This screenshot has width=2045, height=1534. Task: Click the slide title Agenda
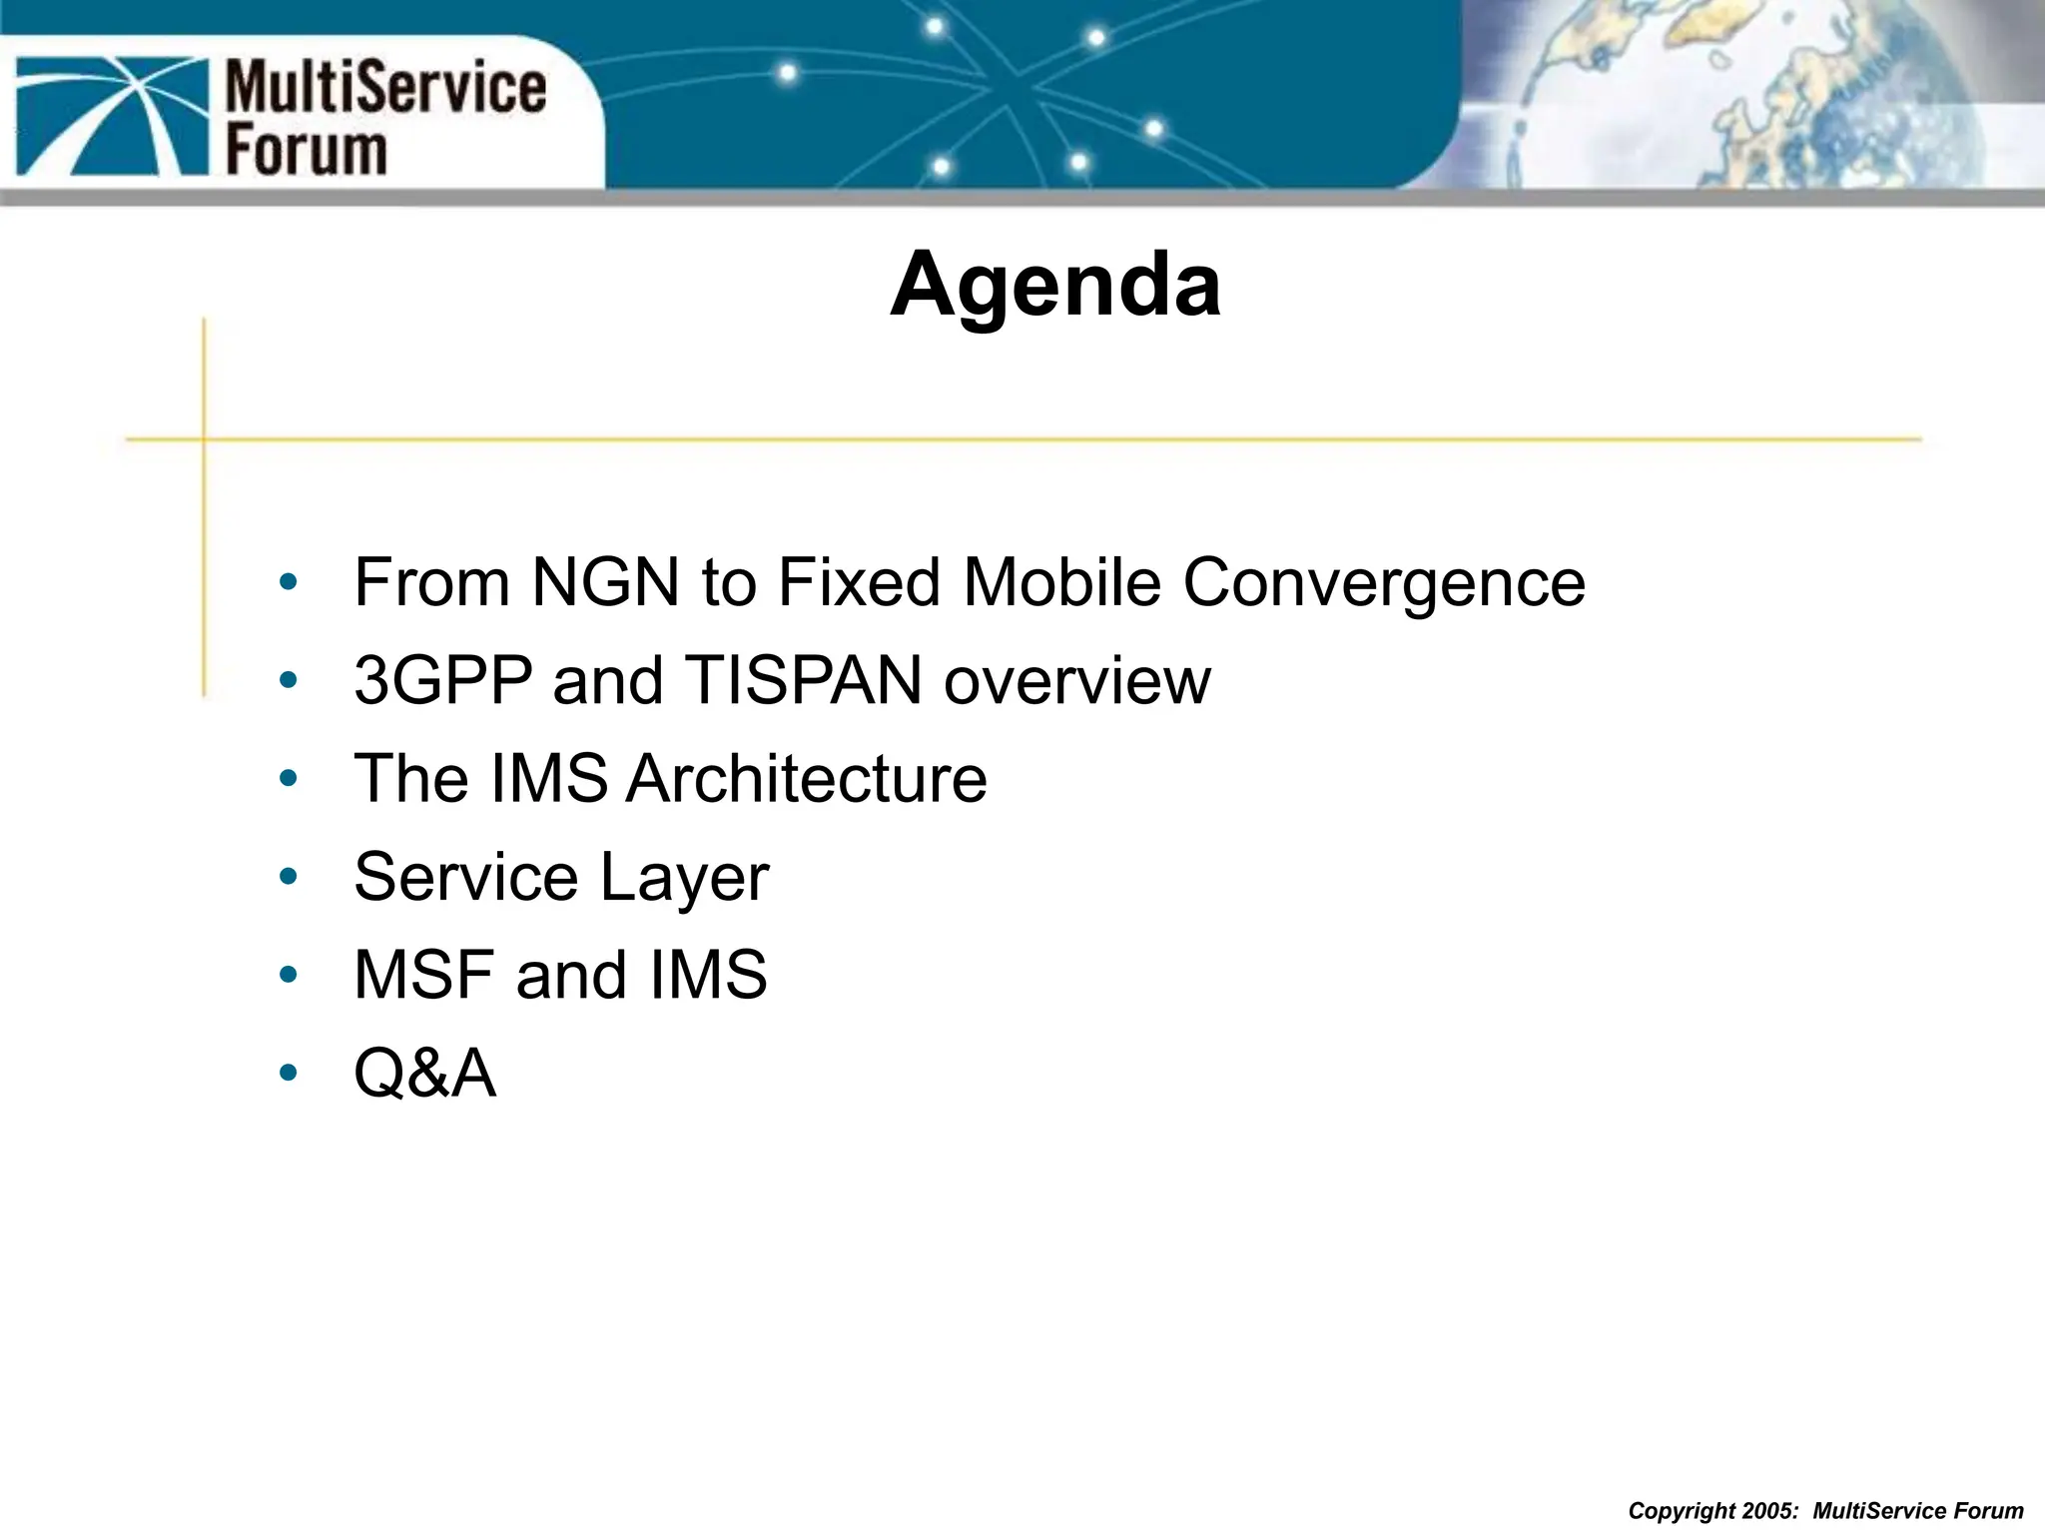[1054, 286]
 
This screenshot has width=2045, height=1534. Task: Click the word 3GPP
[443, 680]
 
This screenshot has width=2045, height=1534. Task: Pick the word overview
[1077, 680]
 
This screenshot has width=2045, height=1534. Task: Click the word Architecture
[807, 778]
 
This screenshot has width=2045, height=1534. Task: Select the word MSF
[425, 974]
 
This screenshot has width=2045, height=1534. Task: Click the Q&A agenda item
[424, 1074]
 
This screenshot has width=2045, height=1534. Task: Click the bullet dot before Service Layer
[289, 877]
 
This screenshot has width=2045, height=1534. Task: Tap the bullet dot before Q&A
[289, 1074]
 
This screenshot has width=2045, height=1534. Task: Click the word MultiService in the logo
[385, 88]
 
